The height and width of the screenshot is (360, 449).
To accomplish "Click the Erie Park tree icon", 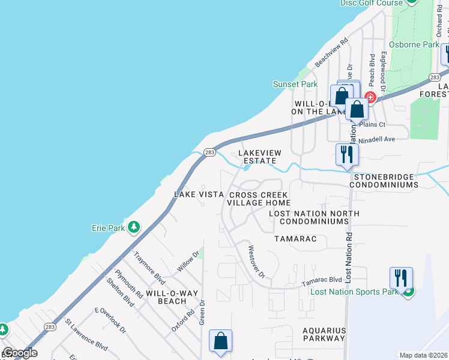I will coord(134,227).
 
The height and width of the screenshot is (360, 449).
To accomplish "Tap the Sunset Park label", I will coord(295,85).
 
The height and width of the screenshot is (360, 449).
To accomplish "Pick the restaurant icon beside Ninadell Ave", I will coord(347,155).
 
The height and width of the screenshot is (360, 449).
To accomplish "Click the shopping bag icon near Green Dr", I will coord(220,341).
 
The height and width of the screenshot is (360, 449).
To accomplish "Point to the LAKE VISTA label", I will coord(199,194).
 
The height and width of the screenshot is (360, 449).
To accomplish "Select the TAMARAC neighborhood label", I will coord(300,239).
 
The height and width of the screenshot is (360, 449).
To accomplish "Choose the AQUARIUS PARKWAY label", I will coord(324,334).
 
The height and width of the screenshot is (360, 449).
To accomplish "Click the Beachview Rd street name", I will coord(332,53).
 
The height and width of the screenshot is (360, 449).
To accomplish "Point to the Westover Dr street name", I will coord(256,262).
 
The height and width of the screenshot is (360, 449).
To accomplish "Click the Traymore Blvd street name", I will coord(149,268).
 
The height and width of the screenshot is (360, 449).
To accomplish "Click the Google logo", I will coord(20,353).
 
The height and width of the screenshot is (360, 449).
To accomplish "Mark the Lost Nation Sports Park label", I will coord(355,292).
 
